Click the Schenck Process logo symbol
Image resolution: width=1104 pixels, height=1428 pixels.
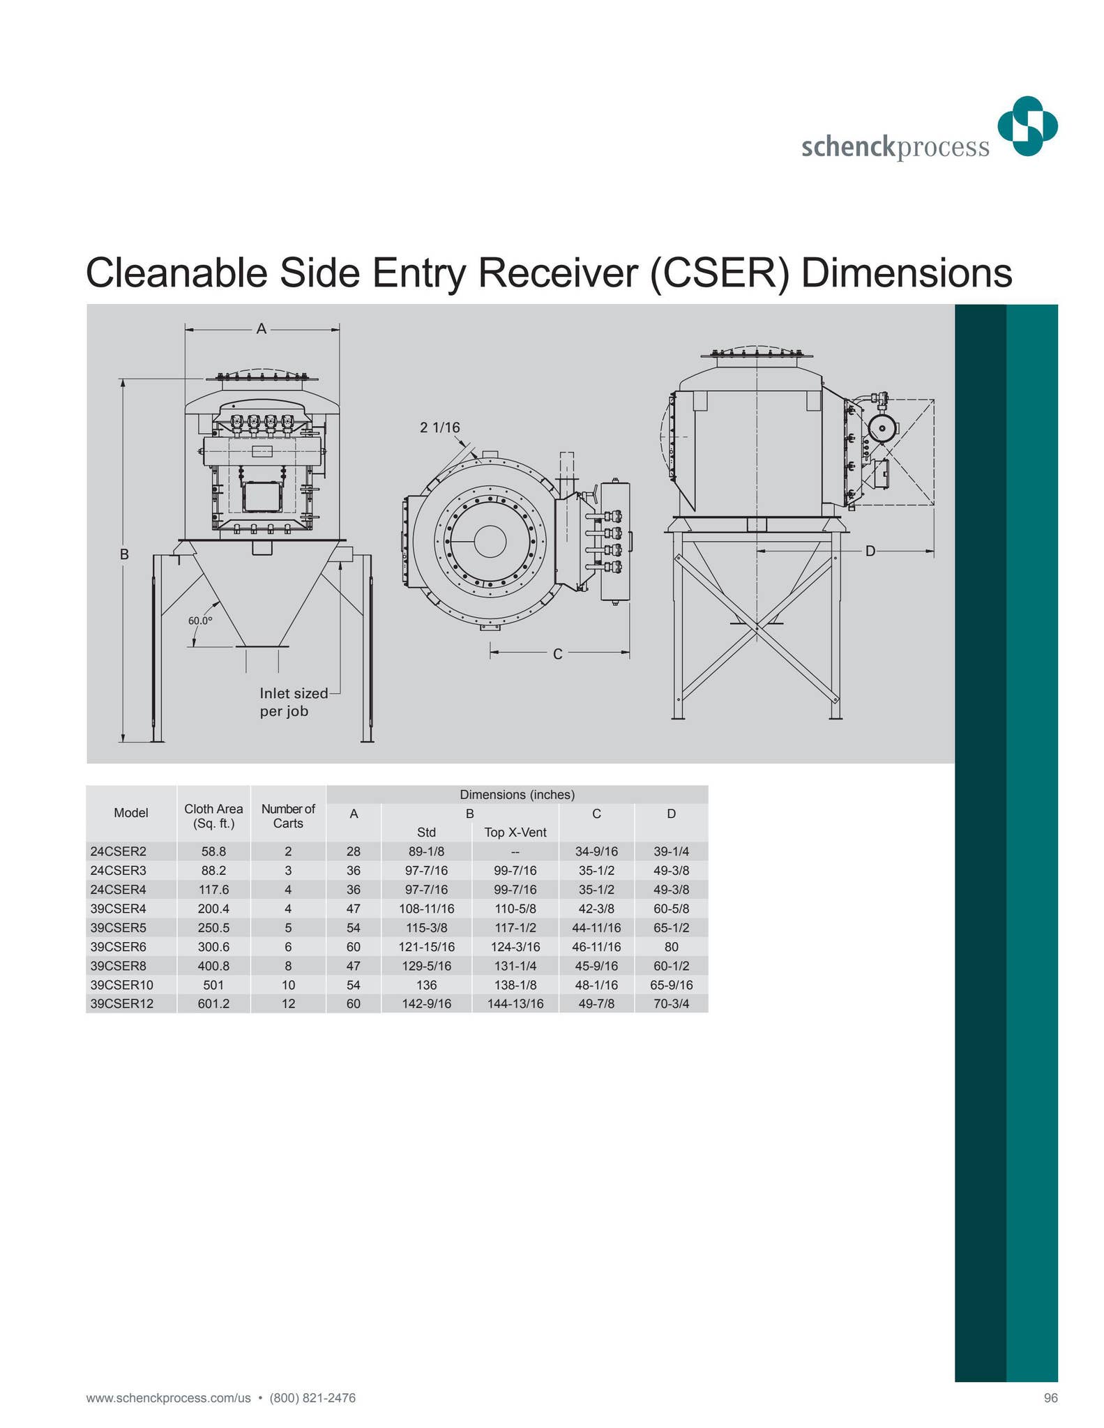click(x=1027, y=126)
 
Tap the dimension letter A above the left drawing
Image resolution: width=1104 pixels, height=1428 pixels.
click(x=262, y=328)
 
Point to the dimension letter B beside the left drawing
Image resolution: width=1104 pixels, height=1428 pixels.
click(x=124, y=554)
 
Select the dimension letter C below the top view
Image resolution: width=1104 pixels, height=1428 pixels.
click(x=557, y=654)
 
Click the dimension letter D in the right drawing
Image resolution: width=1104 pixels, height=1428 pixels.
click(x=870, y=552)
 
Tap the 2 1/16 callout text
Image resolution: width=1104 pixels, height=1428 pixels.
click(x=439, y=427)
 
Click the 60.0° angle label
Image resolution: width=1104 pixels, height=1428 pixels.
click(x=199, y=621)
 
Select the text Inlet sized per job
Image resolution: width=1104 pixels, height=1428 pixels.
click(x=293, y=702)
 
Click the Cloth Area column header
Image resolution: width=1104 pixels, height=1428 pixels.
click(x=213, y=816)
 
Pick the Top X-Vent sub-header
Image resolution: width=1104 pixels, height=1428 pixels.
click(x=515, y=832)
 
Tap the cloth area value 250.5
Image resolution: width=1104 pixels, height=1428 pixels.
click(x=213, y=927)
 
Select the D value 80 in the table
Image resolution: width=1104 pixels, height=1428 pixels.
click(x=671, y=946)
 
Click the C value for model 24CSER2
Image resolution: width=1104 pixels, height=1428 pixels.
click(x=596, y=851)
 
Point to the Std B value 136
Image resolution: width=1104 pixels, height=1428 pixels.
click(x=426, y=985)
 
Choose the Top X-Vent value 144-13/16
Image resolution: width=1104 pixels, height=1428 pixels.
click(x=515, y=1003)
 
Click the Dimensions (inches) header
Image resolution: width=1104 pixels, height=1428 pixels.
click(x=517, y=794)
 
